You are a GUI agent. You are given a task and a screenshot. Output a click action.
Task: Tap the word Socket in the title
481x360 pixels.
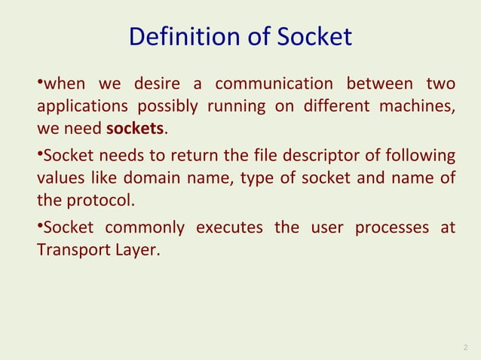point(312,37)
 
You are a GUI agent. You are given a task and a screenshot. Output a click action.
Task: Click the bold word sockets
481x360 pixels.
point(135,129)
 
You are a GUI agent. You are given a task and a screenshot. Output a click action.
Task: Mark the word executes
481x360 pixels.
point(229,228)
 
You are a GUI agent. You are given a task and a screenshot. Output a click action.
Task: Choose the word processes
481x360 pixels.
point(367,228)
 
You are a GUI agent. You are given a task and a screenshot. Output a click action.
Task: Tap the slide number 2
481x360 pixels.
point(463,347)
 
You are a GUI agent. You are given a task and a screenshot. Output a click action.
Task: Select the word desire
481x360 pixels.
point(160,84)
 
